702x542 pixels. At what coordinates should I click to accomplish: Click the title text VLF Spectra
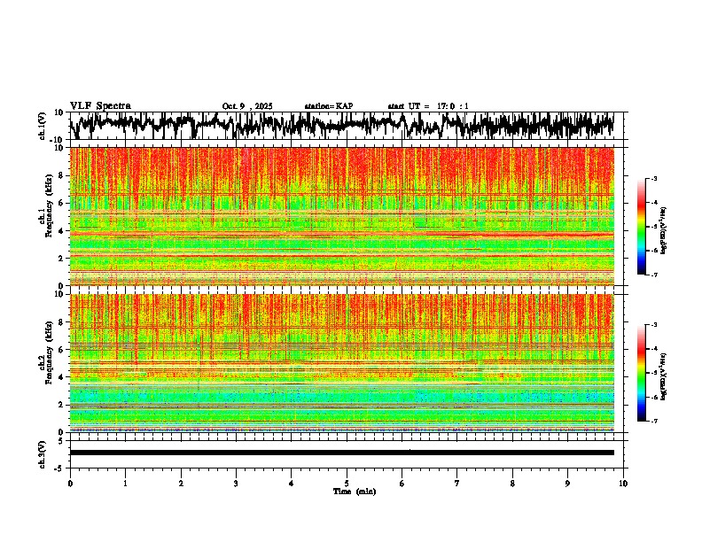pyautogui.click(x=100, y=105)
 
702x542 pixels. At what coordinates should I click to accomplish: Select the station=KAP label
pyautogui.click(x=328, y=106)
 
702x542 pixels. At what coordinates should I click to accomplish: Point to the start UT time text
pyautogui.click(x=428, y=106)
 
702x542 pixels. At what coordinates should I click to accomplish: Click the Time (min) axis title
pyautogui.click(x=354, y=491)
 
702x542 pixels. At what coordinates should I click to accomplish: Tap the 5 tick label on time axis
pyautogui.click(x=347, y=484)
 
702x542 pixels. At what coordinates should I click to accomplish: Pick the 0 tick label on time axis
pyautogui.click(x=70, y=484)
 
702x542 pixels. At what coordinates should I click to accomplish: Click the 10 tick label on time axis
pyautogui.click(x=623, y=484)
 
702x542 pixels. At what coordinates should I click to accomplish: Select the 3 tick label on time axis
pyautogui.click(x=236, y=484)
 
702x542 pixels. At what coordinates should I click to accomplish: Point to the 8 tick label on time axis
pyautogui.click(x=512, y=484)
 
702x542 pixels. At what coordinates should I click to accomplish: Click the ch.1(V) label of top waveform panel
pyautogui.click(x=42, y=127)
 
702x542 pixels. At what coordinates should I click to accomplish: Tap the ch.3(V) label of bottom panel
pyautogui.click(x=42, y=453)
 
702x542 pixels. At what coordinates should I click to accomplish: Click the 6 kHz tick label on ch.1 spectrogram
pyautogui.click(x=62, y=203)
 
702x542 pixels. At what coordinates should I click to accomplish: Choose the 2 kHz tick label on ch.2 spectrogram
pyautogui.click(x=62, y=405)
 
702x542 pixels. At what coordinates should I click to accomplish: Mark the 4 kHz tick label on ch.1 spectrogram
pyautogui.click(x=62, y=230)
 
